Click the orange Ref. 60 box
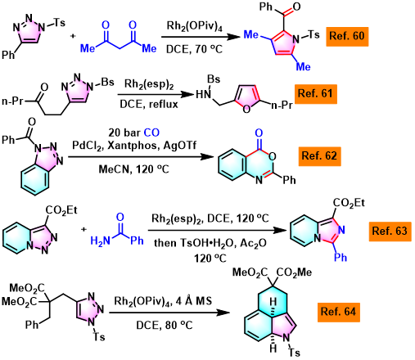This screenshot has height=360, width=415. click(347, 37)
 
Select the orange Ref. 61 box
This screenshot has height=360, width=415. click(316, 94)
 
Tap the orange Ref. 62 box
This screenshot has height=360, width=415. click(319, 156)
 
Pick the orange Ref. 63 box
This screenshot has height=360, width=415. click(390, 232)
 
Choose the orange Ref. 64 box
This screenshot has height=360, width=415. click(339, 312)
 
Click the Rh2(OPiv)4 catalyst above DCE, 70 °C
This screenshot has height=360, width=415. click(195, 27)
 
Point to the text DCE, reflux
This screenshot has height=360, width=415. click(149, 104)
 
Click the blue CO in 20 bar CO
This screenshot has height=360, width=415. click(151, 133)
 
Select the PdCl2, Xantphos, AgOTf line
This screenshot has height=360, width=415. click(134, 146)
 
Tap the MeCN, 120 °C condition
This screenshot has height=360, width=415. click(134, 169)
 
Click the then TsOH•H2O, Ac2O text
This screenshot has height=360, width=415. click(210, 243)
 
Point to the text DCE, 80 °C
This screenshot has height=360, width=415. click(165, 325)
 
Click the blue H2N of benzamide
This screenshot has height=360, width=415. click(101, 241)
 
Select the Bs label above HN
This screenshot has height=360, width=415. click(214, 79)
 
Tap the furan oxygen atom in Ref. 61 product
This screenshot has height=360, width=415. click(246, 110)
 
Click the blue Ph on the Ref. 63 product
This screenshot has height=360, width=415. click(341, 257)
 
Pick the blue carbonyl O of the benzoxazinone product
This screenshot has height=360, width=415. click(259, 133)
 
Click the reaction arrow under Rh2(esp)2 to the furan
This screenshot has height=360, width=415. click(156, 94)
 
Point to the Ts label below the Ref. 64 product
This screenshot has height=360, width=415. click(294, 353)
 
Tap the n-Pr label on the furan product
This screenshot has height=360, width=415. click(282, 105)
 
